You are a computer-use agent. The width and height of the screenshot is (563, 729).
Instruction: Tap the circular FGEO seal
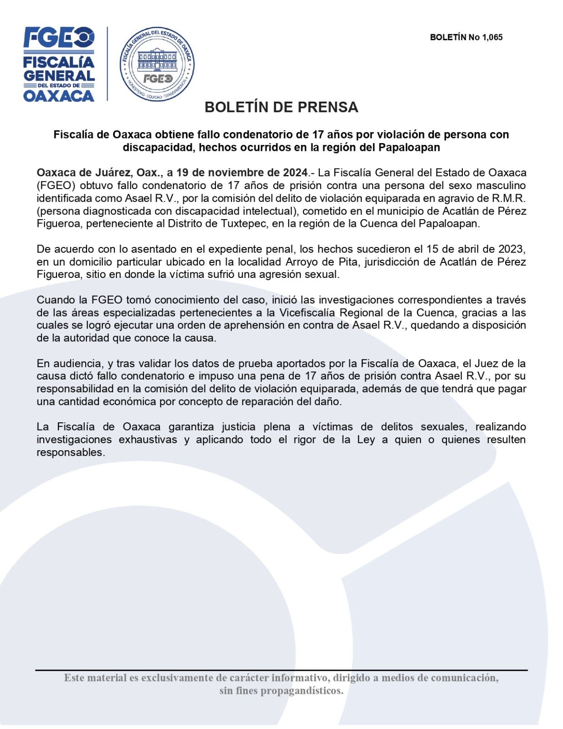(157, 64)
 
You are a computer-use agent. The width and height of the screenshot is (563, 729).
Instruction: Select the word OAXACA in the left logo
(59, 95)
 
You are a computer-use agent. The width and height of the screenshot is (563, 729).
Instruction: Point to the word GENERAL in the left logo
(59, 75)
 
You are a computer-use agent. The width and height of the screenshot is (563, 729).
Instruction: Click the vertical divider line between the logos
(107, 64)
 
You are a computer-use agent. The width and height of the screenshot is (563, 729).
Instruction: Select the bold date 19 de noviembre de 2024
(242, 173)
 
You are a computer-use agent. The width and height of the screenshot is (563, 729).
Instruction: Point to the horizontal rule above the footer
(281, 670)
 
